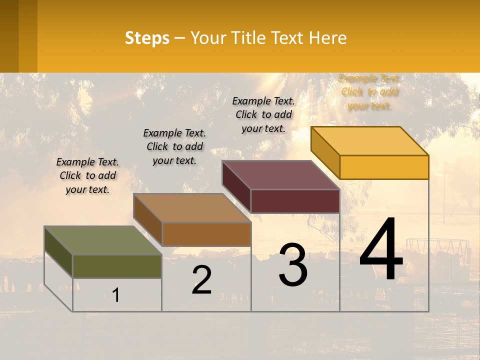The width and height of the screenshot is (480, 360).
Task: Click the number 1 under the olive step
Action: tap(116, 295)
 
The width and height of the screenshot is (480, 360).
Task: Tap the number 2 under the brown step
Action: tap(201, 280)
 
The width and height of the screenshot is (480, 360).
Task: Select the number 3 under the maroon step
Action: tap(293, 265)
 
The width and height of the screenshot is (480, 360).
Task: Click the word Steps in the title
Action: tap(147, 38)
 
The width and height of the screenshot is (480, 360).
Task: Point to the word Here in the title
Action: tap(327, 38)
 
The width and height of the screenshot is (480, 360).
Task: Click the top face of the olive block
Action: tap(102, 240)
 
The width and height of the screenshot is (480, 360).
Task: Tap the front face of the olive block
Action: tap(117, 266)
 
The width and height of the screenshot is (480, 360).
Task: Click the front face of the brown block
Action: tap(206, 234)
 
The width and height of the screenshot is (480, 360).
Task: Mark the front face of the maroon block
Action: tap(295, 201)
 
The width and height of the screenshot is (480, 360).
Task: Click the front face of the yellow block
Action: tap(384, 167)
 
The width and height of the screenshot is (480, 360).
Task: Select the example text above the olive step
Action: tap(87, 175)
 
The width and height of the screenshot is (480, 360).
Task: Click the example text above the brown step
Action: tap(174, 146)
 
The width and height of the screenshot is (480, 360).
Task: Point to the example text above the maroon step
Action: tap(263, 114)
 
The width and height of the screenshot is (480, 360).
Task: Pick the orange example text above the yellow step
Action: tap(369, 92)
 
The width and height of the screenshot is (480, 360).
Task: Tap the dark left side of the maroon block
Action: tap(236, 187)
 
